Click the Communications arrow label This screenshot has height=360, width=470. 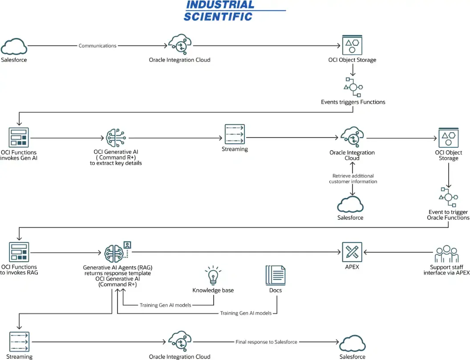coord(97,45)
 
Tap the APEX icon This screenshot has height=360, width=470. coord(352,252)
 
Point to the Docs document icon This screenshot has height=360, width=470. coord(276,275)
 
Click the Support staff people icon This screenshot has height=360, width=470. coord(446,254)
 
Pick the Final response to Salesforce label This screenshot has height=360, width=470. coord(266,342)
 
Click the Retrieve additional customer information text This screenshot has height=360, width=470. coord(353,178)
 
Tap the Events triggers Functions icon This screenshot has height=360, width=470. coord(353,87)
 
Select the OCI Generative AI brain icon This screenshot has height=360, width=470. coord(116,138)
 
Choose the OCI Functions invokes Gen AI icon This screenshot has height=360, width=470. coord(19,137)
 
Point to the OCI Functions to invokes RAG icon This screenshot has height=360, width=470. coord(19,252)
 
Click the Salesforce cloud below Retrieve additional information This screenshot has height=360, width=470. coord(350,204)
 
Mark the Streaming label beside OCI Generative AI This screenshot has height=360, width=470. coord(235,149)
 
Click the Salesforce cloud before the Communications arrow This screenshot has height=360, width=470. coord(14,46)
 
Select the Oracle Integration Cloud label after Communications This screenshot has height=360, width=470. coord(179,60)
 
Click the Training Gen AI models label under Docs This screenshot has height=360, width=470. coord(246,313)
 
